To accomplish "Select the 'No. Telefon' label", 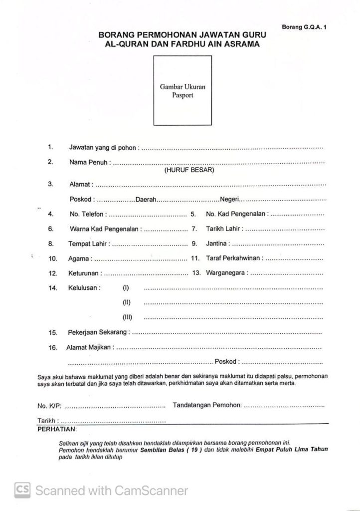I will coord(86,214).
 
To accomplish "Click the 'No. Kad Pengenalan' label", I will coord(236,214).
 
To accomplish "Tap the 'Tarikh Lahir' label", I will coord(224,229).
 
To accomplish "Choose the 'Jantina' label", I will coord(217,244).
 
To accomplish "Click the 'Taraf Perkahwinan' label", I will coord(233,259).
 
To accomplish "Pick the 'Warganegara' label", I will coord(225,273).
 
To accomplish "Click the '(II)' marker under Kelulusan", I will coord(126,302).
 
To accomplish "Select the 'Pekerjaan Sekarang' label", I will coord(99,332).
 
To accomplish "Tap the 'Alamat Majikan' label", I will coord(90,347).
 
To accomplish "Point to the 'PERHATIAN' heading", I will coord(56,429).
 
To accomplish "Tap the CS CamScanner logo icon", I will coord(22,491).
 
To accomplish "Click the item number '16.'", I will coord(53,347).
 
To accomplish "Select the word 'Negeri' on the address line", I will coord(229,200).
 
